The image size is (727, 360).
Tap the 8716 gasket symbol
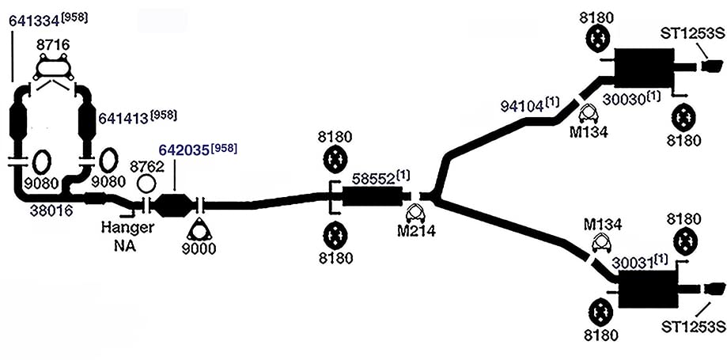coord(55,68)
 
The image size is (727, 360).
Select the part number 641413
coord(123,119)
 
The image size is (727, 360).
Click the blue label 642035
coord(184,150)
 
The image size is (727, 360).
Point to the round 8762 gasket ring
coord(146,184)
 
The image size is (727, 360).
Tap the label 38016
coord(51,210)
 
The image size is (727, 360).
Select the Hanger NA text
coord(127,236)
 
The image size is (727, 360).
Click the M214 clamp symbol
coord(415,213)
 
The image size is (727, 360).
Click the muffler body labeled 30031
coord(648,289)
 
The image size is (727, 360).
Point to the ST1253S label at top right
coord(694,34)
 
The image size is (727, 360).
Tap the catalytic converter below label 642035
coord(173,205)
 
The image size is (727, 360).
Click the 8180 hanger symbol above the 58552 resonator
coord(335,158)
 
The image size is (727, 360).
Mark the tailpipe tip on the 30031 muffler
coord(714,289)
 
